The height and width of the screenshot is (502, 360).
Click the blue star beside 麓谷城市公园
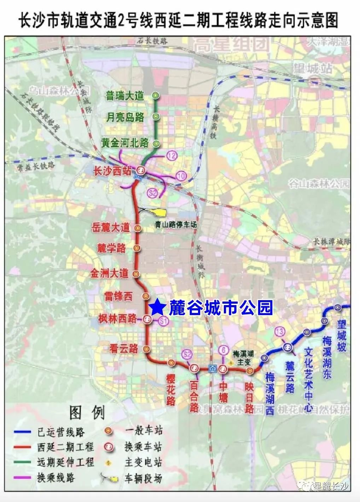[157, 308]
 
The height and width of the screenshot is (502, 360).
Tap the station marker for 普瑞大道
[156, 95]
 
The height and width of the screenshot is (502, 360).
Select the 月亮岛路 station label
[125, 117]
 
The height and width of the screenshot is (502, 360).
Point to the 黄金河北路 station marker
[156, 144]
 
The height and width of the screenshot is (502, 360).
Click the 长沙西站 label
[112, 171]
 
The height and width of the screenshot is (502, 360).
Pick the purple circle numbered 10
[181, 176]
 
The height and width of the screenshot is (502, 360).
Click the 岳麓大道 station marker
[138, 228]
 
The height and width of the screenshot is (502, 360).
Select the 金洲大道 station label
[109, 273]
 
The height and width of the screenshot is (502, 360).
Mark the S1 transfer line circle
[163, 321]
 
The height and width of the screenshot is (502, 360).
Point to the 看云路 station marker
[146, 349]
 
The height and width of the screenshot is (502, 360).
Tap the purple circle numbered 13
[280, 332]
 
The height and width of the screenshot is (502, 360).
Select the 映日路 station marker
[250, 370]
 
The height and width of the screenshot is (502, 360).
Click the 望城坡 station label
[341, 335]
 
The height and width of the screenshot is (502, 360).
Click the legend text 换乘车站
[143, 447]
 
